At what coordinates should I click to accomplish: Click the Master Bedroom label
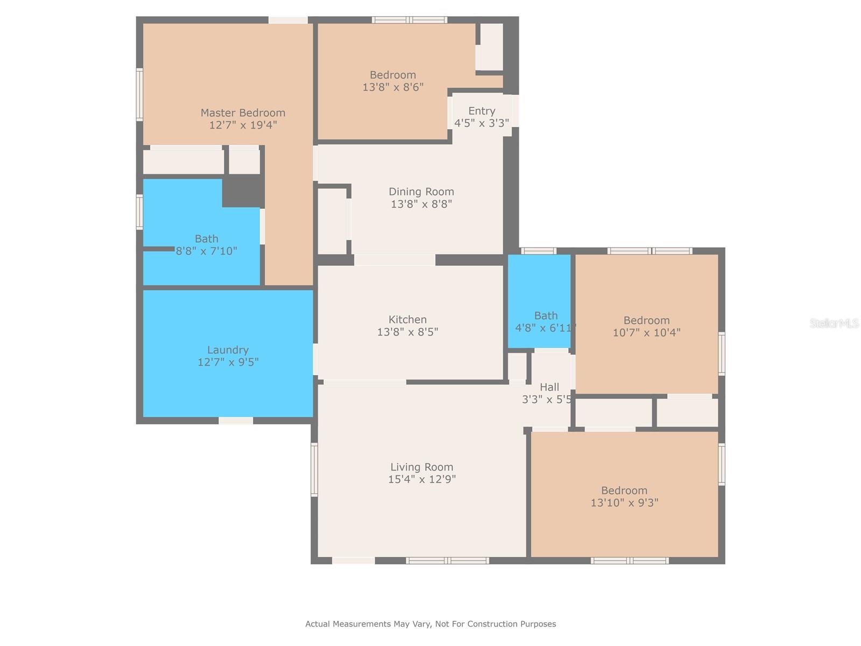(x=243, y=113)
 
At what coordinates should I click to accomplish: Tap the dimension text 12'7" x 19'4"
(x=243, y=125)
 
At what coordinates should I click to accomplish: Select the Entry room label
(x=482, y=111)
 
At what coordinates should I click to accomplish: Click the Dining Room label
(x=421, y=192)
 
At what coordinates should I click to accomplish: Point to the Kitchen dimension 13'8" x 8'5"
(x=407, y=332)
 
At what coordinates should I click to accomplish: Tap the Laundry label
(x=228, y=350)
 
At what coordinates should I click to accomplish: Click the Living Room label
(x=422, y=467)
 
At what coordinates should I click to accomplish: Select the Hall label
(x=549, y=388)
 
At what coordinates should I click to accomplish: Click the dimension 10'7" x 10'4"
(x=646, y=333)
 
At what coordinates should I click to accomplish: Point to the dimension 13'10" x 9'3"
(x=624, y=502)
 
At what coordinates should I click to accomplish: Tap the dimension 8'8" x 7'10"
(x=206, y=251)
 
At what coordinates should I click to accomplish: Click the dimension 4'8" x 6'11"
(x=545, y=328)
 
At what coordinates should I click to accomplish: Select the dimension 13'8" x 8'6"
(x=393, y=87)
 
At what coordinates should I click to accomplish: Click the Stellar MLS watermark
(x=834, y=323)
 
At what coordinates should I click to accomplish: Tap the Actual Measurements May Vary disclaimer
(x=430, y=624)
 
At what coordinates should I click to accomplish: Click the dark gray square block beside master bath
(x=243, y=191)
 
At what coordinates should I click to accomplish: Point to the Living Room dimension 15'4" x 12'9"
(x=422, y=479)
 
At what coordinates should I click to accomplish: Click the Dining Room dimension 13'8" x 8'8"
(x=421, y=204)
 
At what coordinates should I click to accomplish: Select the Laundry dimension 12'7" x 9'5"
(x=228, y=362)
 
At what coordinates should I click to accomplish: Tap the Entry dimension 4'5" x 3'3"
(x=482, y=123)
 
